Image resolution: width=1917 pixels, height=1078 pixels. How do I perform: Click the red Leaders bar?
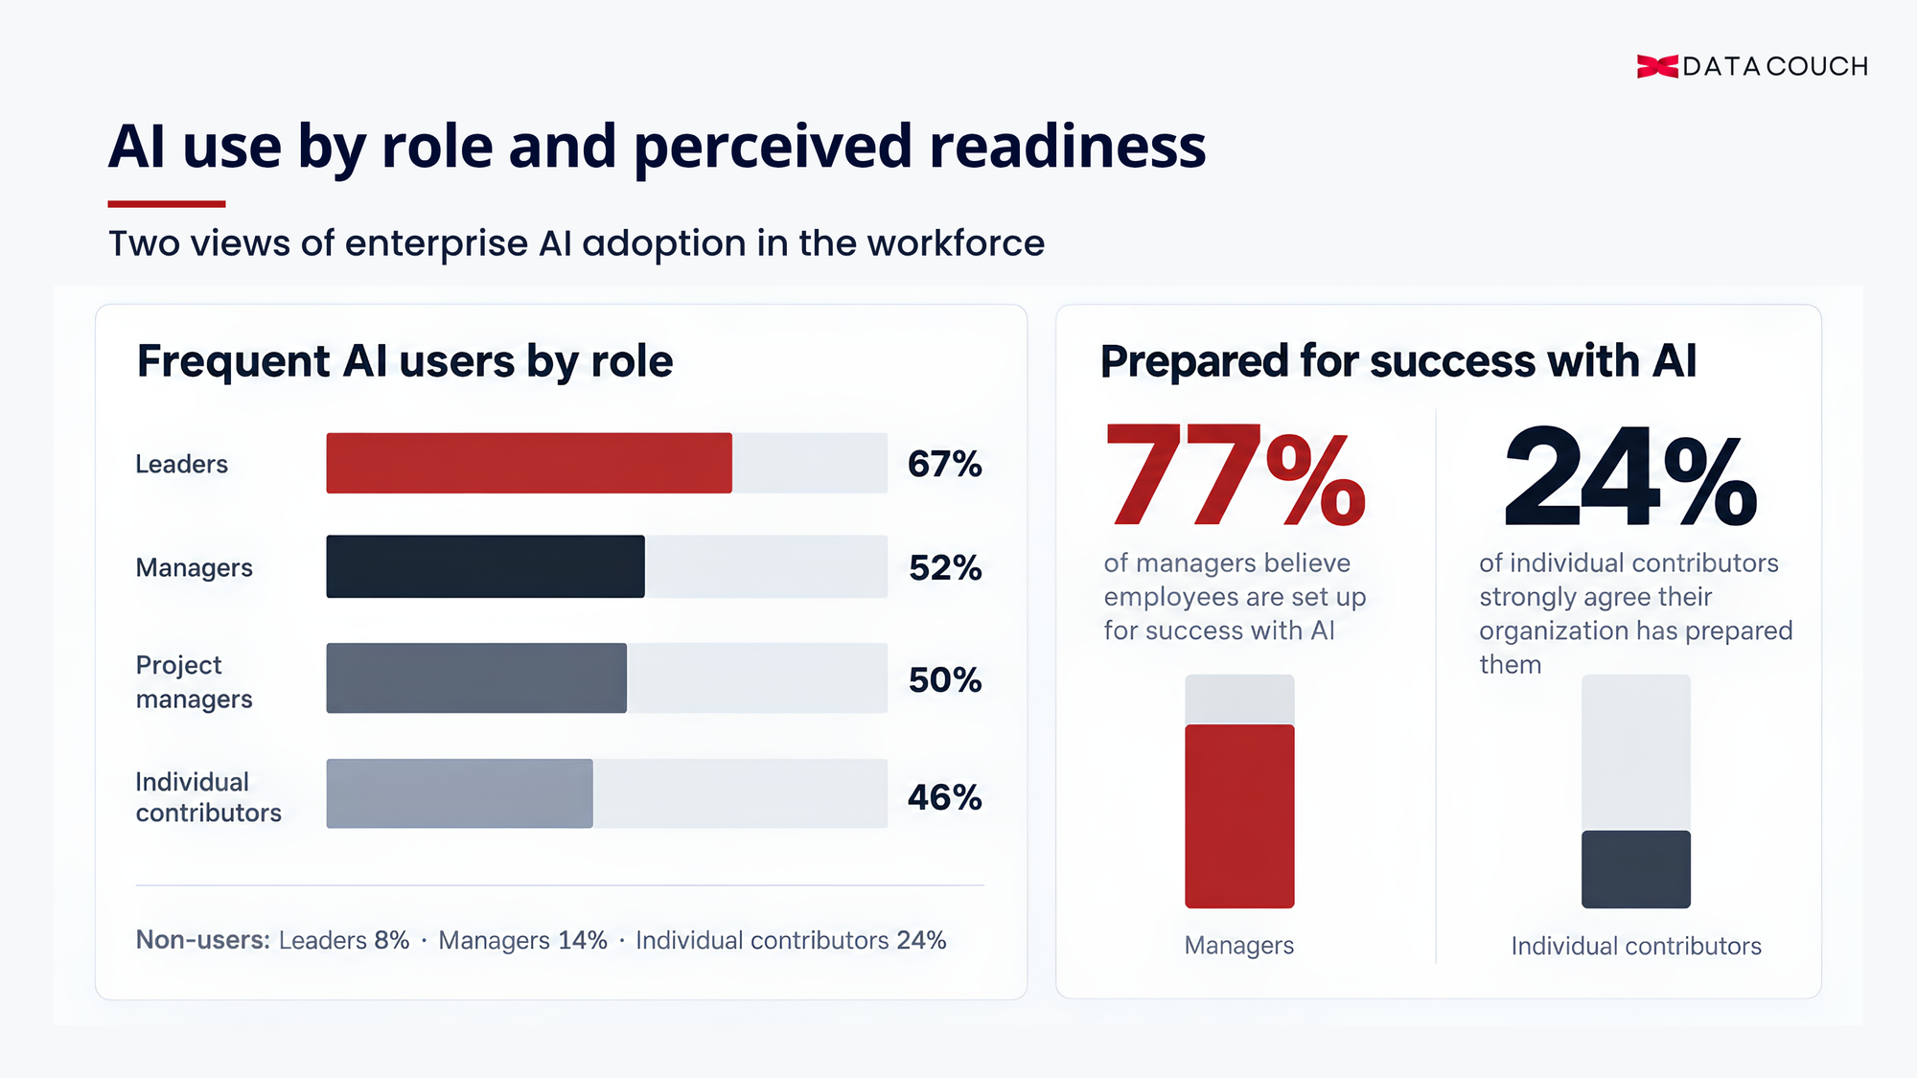point(529,463)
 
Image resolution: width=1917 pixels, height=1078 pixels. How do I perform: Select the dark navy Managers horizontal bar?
point(485,566)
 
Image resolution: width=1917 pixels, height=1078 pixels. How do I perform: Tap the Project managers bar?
point(476,677)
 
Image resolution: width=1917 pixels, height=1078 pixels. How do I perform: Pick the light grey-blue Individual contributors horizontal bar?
point(459,793)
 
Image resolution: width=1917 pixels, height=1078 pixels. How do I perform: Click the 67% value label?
point(945,464)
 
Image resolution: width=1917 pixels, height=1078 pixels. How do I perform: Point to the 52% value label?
point(945,567)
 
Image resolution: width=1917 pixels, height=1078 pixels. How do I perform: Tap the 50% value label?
point(945,679)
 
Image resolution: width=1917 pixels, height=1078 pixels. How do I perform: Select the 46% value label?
point(945,797)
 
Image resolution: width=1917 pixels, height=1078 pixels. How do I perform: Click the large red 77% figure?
point(1236,476)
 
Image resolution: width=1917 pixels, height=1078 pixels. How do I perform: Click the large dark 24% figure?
point(1630,476)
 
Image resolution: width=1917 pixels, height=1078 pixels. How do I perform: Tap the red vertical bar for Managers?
point(1239,816)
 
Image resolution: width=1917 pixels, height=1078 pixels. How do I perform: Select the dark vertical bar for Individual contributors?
point(1636,869)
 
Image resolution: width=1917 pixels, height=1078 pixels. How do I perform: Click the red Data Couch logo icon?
point(1657,66)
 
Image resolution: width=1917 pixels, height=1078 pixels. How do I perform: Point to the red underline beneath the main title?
point(167,204)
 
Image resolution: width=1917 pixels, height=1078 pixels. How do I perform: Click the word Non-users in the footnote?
point(200,940)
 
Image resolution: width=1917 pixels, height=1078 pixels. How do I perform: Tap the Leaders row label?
point(181,464)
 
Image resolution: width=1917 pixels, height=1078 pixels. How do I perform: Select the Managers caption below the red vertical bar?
point(1239,946)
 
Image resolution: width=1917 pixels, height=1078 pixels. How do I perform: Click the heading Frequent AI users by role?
point(404,362)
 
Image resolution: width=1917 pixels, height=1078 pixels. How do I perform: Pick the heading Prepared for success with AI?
point(1398,362)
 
